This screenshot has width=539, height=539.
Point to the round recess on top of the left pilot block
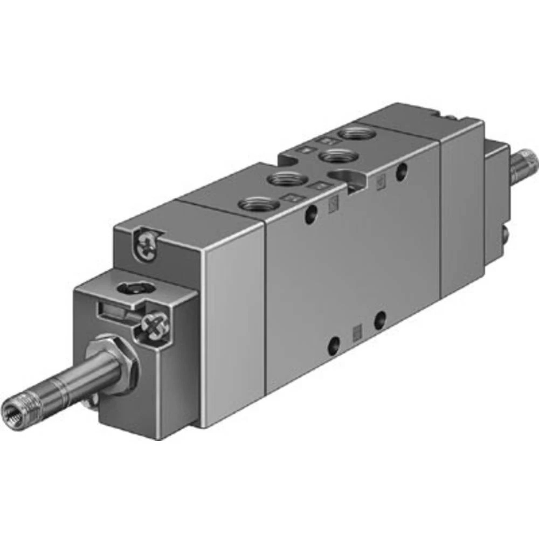pyautogui.click(x=130, y=288)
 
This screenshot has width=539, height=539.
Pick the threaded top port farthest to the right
pyautogui.click(x=354, y=132)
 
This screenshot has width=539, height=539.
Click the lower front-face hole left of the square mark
pyautogui.click(x=334, y=345)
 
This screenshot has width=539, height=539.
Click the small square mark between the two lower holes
pyautogui.click(x=356, y=333)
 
